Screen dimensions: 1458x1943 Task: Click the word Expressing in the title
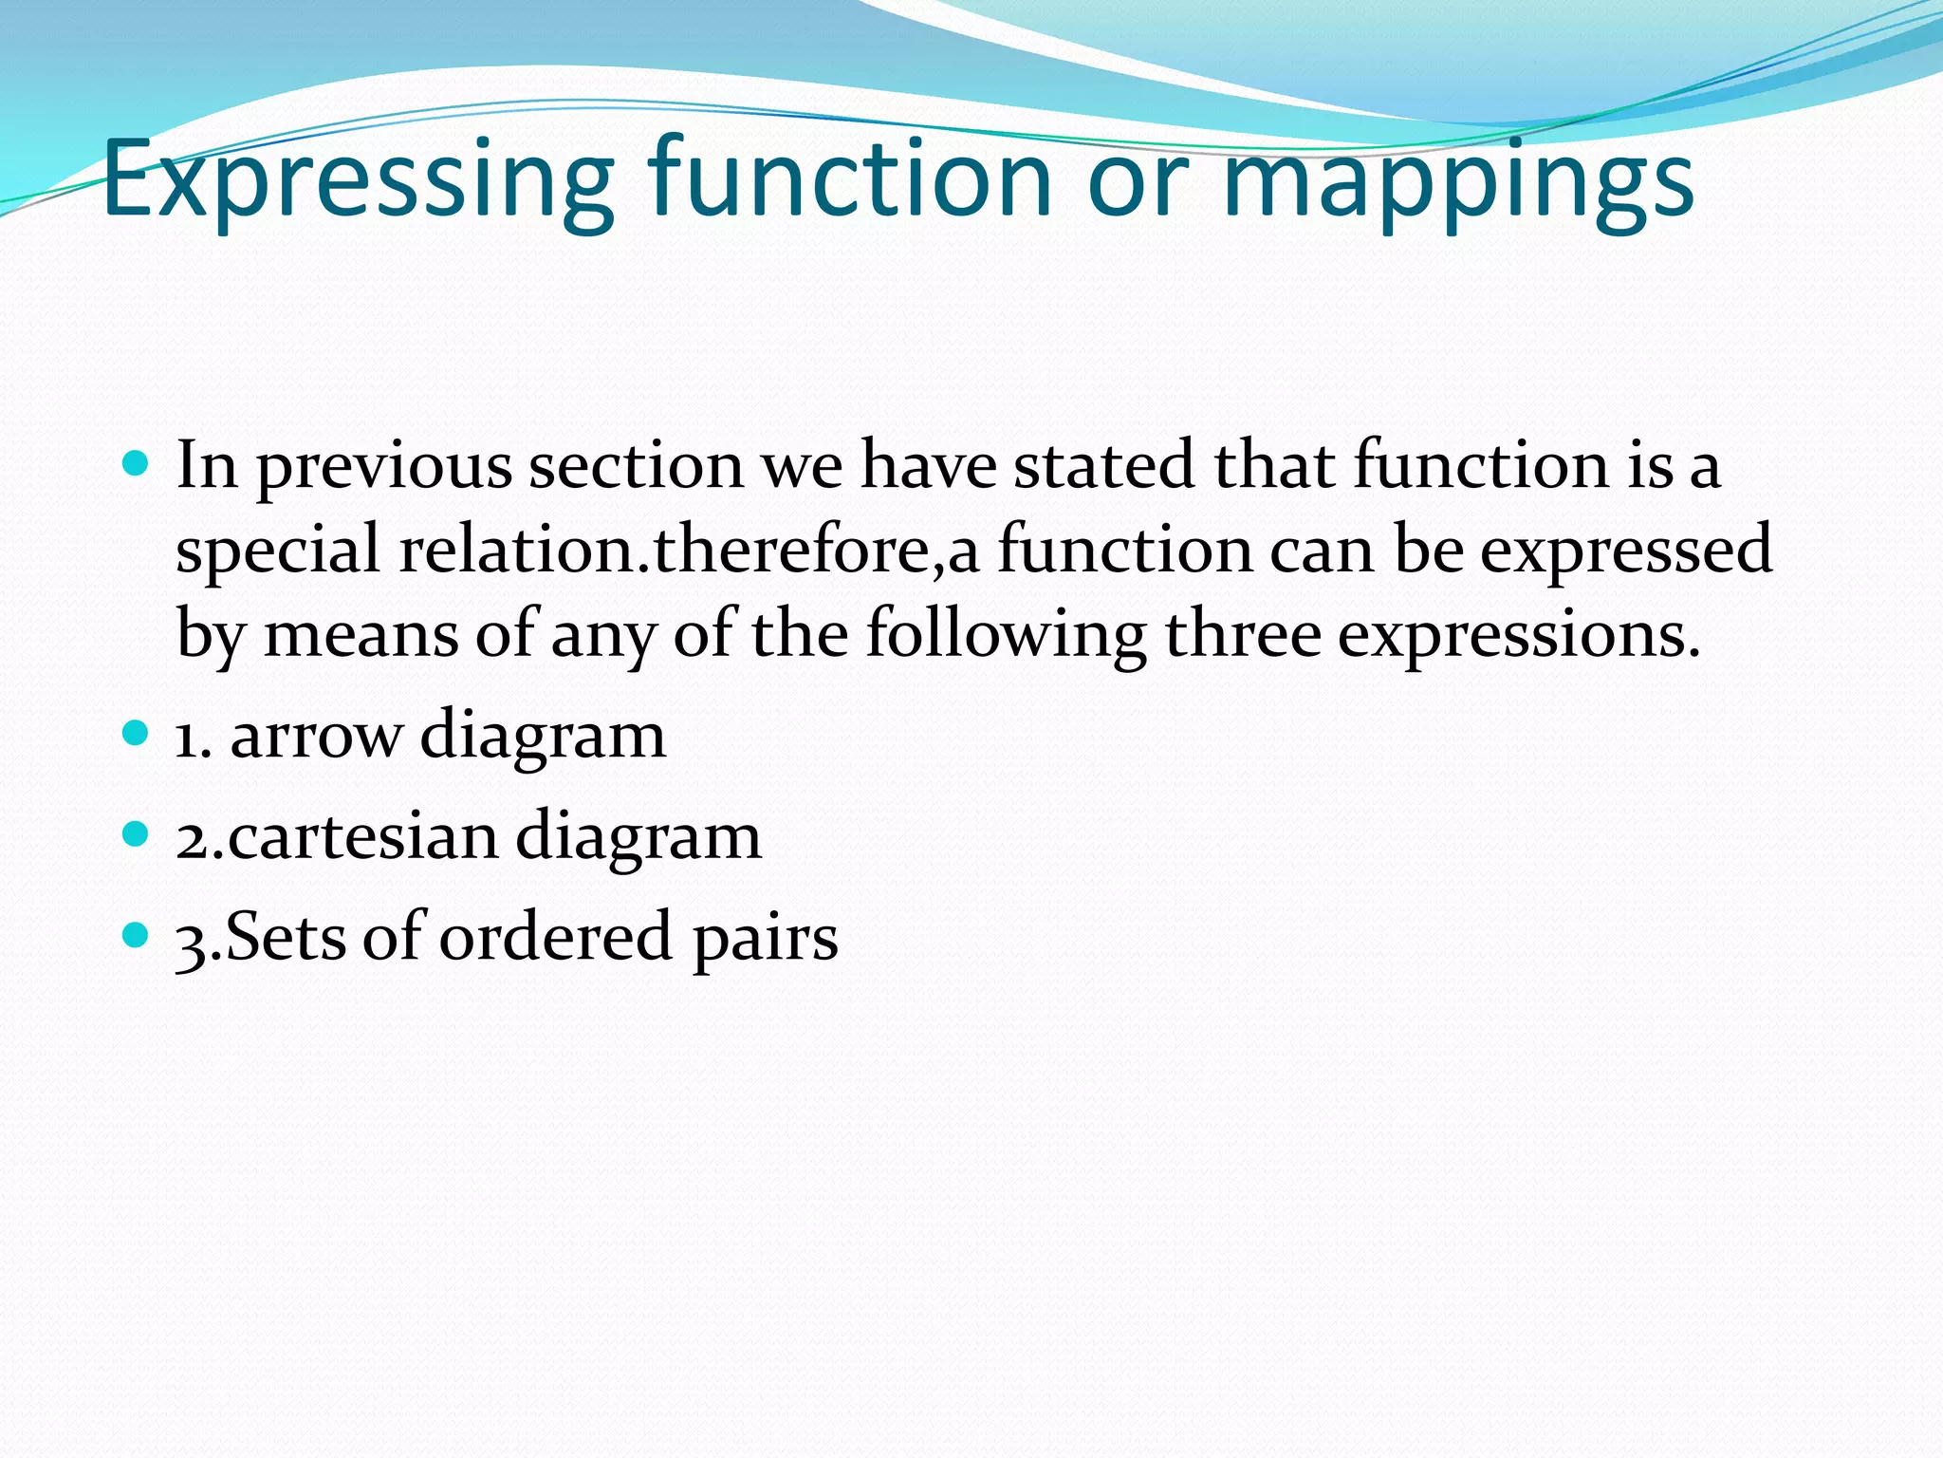(358, 180)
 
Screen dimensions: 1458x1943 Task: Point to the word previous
(383, 467)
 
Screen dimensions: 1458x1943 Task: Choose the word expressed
(1626, 551)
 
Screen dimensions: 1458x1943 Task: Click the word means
(361, 634)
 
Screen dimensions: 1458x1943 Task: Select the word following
(1006, 634)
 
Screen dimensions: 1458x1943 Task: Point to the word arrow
(316, 736)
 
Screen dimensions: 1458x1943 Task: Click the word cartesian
(361, 836)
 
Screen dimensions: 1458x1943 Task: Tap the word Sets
(285, 937)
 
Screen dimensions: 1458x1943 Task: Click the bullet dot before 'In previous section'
(137, 463)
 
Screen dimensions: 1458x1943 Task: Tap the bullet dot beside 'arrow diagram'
(137, 733)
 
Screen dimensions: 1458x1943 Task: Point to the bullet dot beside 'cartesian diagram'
(137, 834)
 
